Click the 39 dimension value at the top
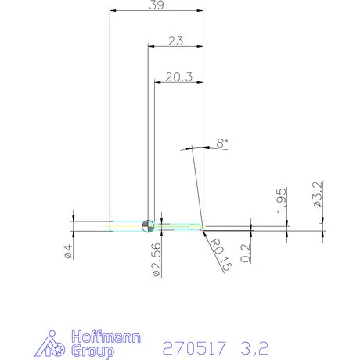point(157,5)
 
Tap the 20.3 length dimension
point(179,77)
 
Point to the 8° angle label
point(221,142)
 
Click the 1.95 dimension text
point(283,201)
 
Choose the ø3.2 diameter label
point(318,194)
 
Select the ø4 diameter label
point(69,253)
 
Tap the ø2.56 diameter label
point(157,257)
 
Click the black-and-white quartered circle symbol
point(147,227)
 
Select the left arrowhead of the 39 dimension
point(113,11)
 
